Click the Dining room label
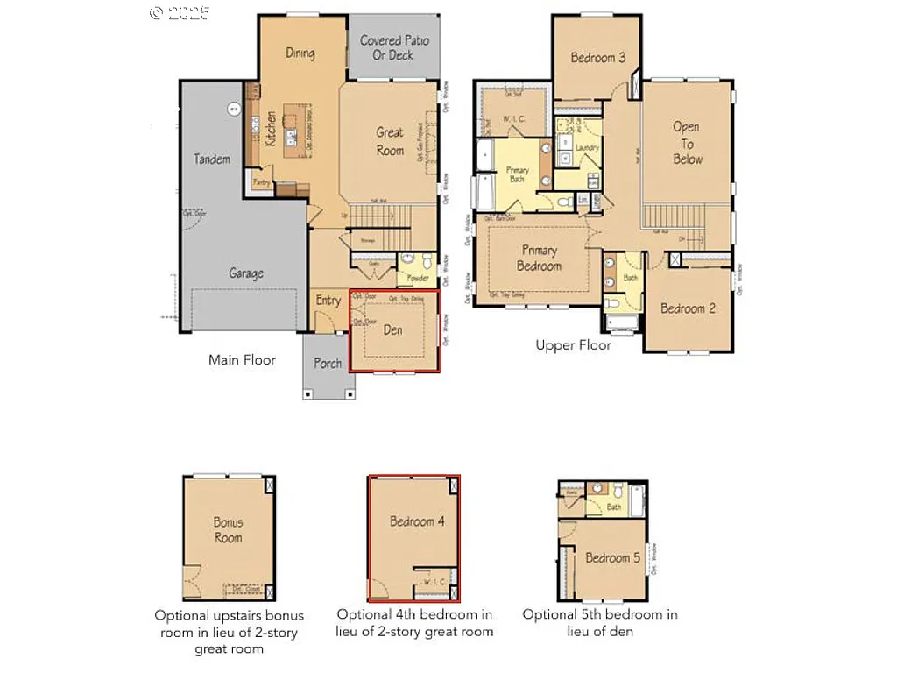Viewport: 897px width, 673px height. [x=300, y=53]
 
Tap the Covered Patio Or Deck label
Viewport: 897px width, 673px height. [x=392, y=47]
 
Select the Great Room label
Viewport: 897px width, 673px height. [x=390, y=141]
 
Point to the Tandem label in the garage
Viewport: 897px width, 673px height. [x=212, y=159]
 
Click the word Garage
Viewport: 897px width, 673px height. [x=245, y=273]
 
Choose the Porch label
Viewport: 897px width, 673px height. [x=328, y=364]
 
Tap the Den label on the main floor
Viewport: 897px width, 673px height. [x=394, y=329]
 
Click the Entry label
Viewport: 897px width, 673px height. [x=328, y=301]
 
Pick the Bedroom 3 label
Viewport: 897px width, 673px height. [x=597, y=58]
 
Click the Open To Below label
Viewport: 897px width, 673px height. [x=687, y=143]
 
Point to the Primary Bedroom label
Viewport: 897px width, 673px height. [x=539, y=258]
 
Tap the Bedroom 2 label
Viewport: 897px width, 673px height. [x=688, y=308]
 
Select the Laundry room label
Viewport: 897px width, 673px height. [x=587, y=147]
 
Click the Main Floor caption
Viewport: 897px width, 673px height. [x=242, y=359]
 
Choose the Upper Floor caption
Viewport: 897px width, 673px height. [x=573, y=345]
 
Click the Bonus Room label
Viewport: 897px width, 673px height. [x=228, y=529]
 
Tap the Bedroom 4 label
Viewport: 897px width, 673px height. [x=417, y=521]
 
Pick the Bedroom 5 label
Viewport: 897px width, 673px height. [x=613, y=558]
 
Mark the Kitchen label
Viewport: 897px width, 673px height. [x=272, y=129]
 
